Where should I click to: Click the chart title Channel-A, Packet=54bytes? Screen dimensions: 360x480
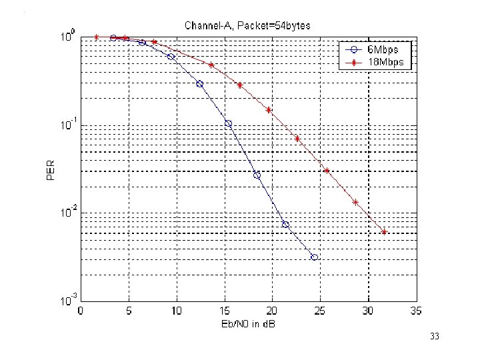click(x=247, y=25)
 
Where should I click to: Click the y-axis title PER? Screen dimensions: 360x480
click(x=51, y=167)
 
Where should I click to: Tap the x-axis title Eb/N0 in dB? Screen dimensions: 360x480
click(x=248, y=324)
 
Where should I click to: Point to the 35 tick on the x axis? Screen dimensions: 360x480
click(x=415, y=311)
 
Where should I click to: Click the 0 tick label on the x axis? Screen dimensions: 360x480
click(x=81, y=311)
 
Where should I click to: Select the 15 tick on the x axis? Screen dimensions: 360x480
click(x=224, y=311)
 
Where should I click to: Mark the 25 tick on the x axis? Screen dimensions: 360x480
click(x=320, y=311)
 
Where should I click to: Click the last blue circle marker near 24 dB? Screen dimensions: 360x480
click(x=314, y=257)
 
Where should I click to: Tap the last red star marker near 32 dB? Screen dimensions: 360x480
click(x=384, y=232)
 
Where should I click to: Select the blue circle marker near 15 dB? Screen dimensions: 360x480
click(x=228, y=123)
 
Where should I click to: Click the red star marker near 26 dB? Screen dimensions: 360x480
click(x=327, y=171)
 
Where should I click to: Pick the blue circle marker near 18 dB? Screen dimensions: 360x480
click(x=257, y=175)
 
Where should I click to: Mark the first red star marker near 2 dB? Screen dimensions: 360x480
click(x=97, y=37)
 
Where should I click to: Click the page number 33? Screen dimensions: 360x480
click(x=435, y=337)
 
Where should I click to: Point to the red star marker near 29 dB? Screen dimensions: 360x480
click(x=355, y=202)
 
